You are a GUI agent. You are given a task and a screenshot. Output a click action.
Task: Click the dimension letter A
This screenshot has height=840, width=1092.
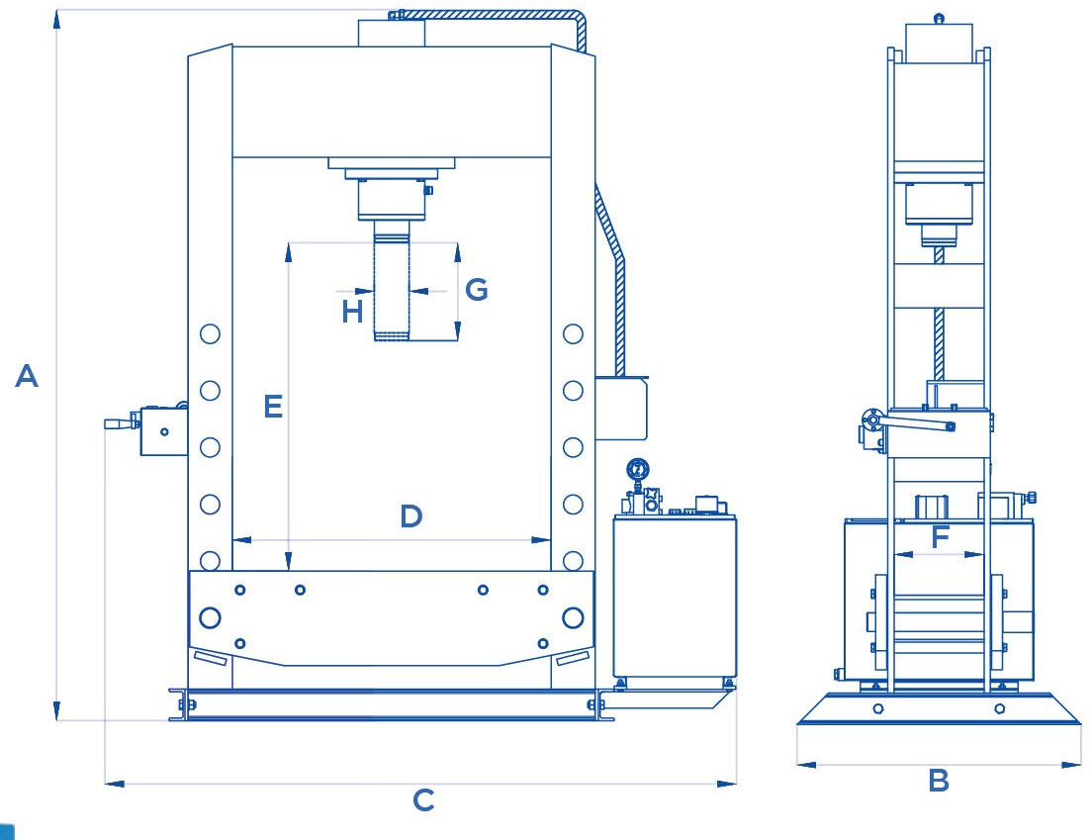coord(27,375)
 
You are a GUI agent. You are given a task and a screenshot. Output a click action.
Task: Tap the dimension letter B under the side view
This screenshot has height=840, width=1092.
coord(939,781)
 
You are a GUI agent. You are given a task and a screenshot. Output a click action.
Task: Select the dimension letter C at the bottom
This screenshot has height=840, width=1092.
coord(423,800)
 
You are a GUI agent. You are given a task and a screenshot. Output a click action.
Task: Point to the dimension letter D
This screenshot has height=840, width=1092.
coord(410,516)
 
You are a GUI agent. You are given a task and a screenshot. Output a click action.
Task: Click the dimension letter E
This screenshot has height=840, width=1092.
coord(273,406)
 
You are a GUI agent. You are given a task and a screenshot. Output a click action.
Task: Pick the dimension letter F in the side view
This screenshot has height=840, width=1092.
coord(941,537)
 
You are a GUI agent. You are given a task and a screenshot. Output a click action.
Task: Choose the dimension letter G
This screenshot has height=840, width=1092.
coord(477,289)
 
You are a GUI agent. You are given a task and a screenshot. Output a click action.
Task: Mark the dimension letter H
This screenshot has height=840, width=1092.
coord(352,312)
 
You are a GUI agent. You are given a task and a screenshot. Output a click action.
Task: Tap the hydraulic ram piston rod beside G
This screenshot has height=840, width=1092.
coord(392,281)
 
